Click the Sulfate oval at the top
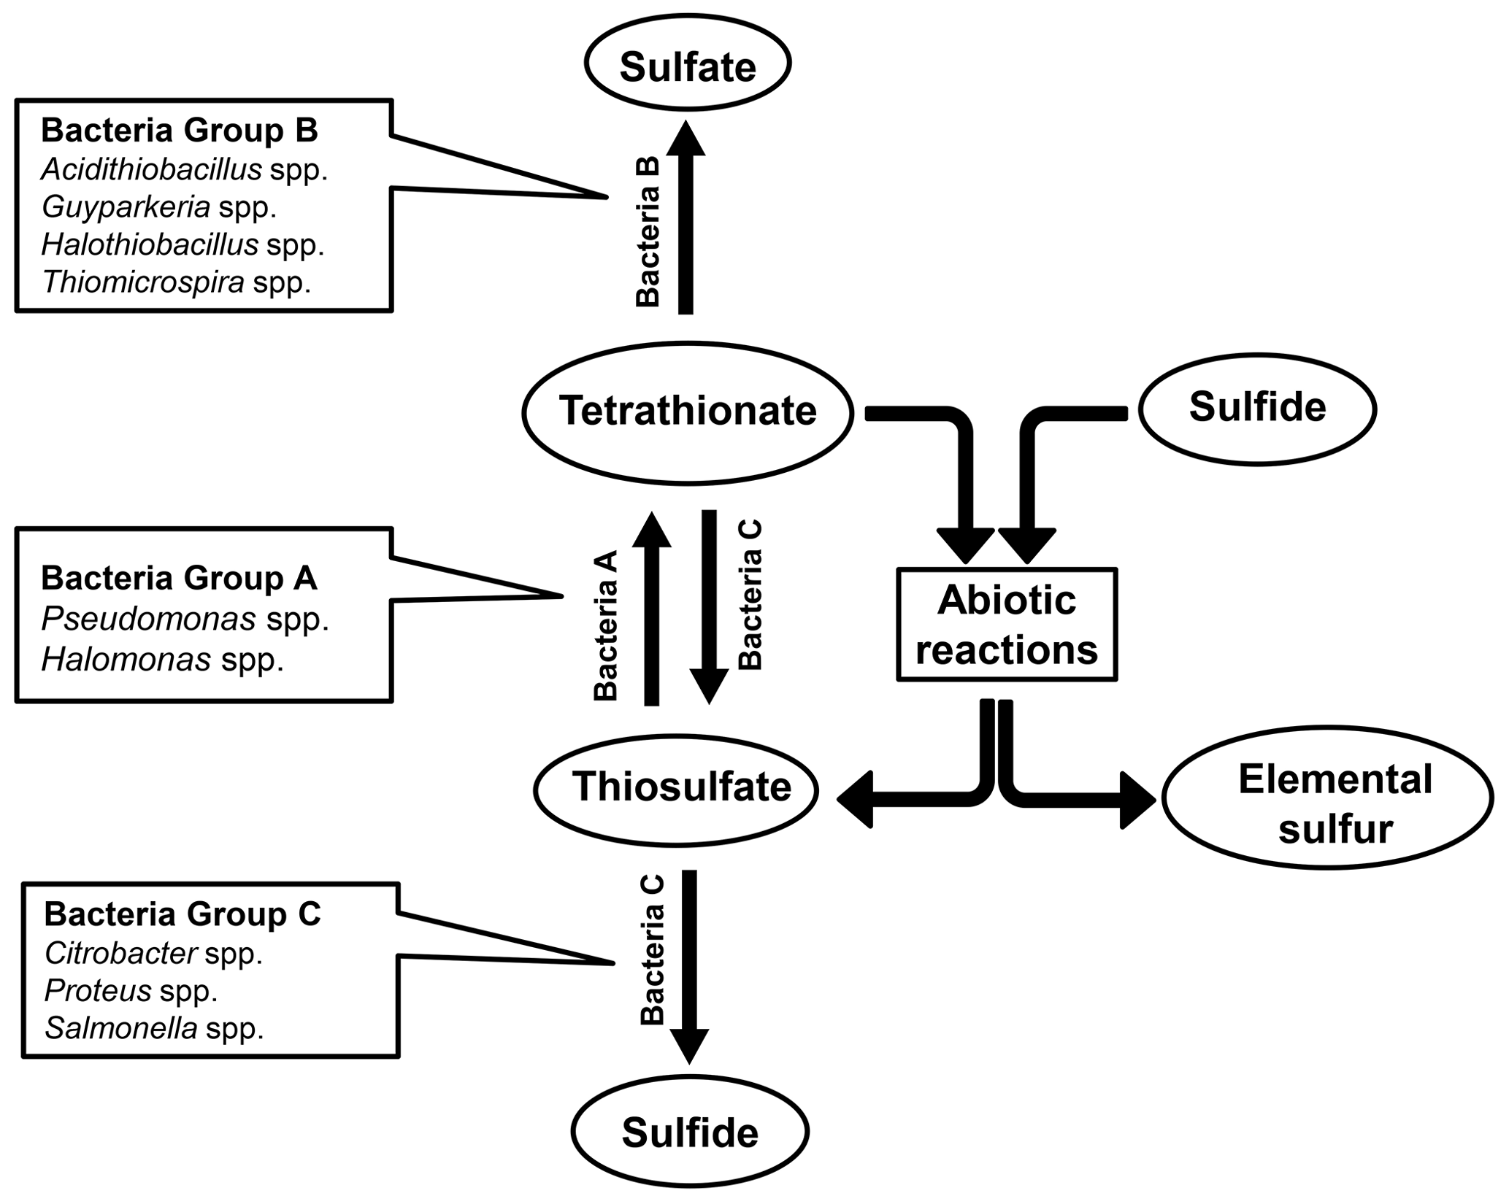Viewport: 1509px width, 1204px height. (x=687, y=64)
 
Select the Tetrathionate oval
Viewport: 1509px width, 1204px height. (x=687, y=412)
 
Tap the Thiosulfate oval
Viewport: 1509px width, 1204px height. (x=676, y=790)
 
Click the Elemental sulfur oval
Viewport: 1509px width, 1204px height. (x=1326, y=798)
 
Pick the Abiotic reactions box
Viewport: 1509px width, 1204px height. (x=1007, y=625)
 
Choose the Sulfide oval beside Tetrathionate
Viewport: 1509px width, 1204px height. (x=1257, y=409)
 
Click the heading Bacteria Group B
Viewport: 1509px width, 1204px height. (x=179, y=131)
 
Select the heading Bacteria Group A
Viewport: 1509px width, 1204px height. (x=179, y=578)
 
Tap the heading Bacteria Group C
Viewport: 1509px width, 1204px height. (x=183, y=914)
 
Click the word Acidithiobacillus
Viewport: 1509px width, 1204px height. (x=152, y=169)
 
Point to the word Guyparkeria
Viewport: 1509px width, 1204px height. (x=126, y=207)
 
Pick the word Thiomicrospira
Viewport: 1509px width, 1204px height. (x=143, y=282)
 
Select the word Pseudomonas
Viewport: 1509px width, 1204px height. (x=149, y=620)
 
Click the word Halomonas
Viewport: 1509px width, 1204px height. (x=126, y=660)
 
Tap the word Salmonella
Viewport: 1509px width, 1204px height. (x=121, y=1028)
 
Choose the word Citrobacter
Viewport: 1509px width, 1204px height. (x=121, y=953)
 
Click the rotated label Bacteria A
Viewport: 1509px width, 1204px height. (x=606, y=625)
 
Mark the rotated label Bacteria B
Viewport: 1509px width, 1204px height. (x=648, y=231)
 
